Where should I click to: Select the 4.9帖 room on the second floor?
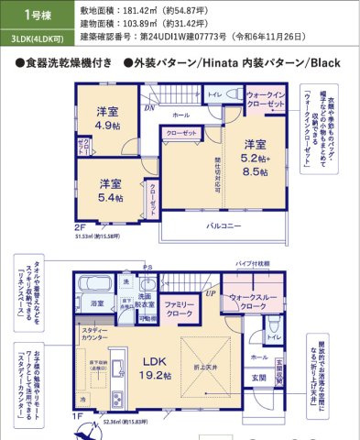click(107, 118)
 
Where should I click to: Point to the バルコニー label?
click(248, 225)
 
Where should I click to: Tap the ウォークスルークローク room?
click(247, 302)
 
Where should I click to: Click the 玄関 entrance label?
click(259, 378)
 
